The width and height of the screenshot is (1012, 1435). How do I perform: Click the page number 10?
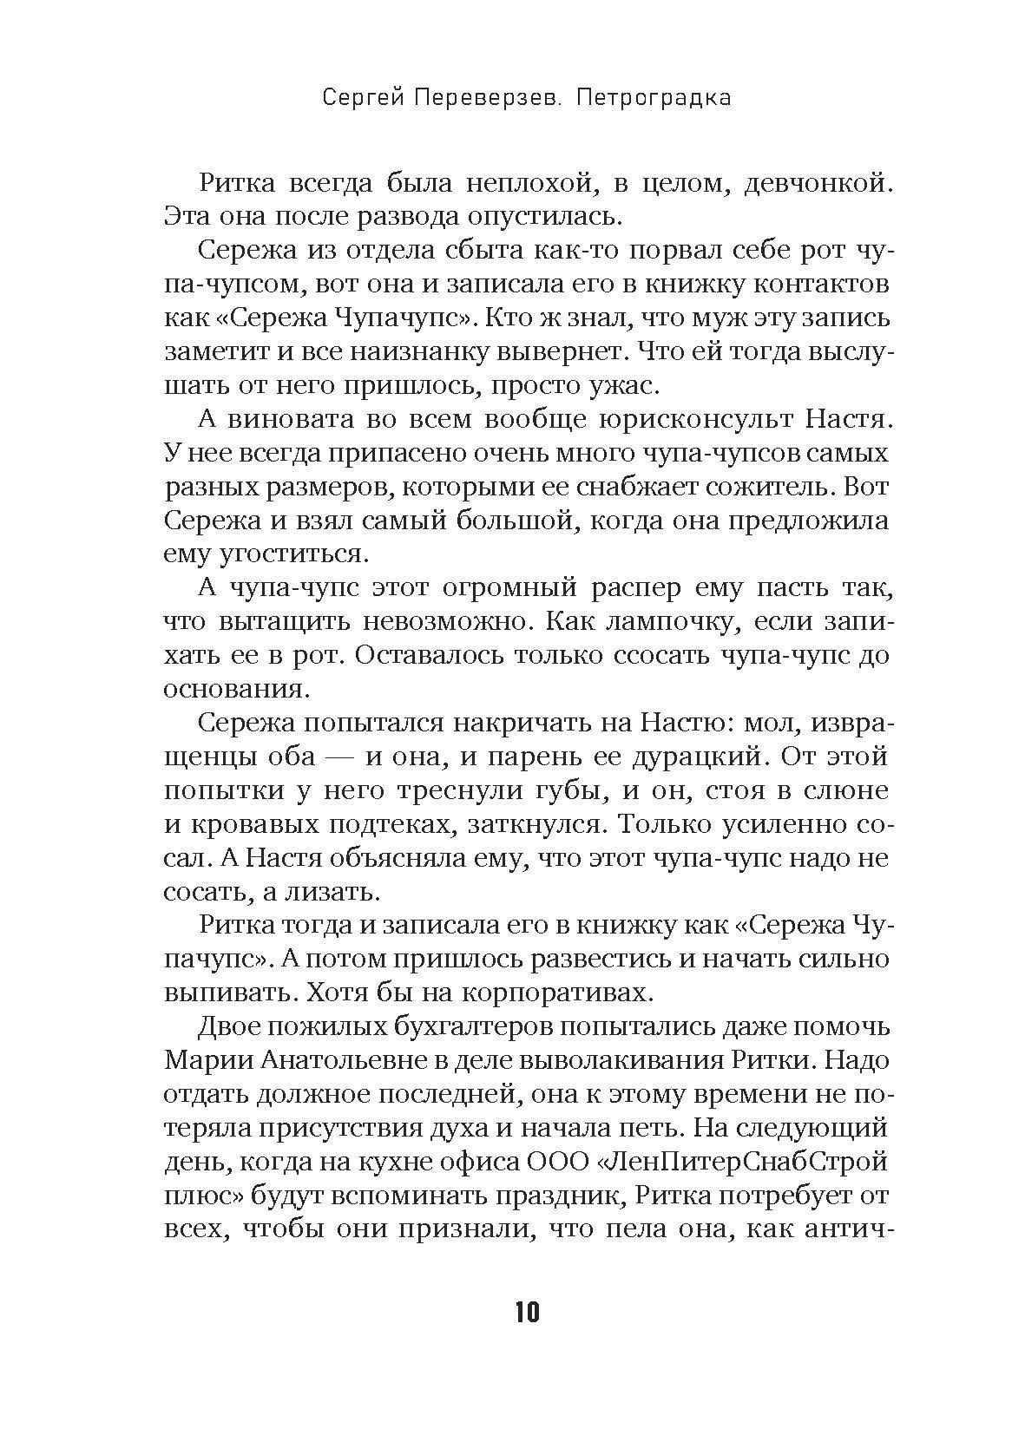[x=527, y=1312]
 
